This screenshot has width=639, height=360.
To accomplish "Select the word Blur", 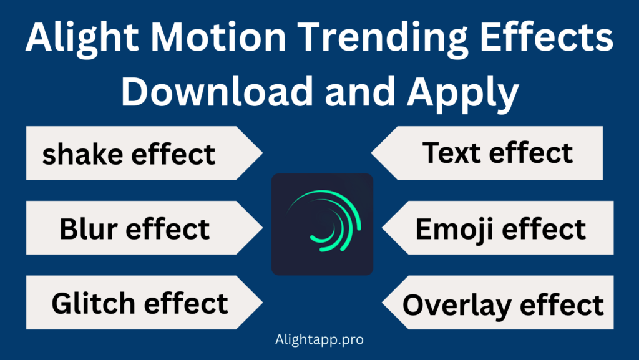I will point(87,229).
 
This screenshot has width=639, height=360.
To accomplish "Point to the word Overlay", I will point(456,306).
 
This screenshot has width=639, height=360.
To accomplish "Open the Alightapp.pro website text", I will point(319,341).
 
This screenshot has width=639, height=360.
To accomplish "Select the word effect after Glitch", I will point(186,304).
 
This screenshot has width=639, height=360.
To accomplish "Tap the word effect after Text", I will point(530,153).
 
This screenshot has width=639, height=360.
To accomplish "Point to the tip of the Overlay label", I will point(383,304).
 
